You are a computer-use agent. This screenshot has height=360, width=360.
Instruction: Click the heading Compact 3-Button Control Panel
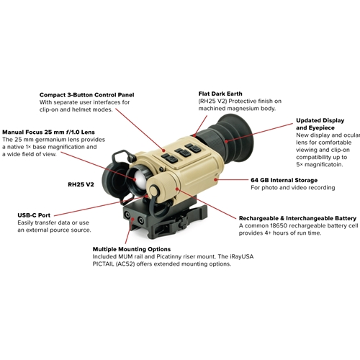pyautogui.click(x=87, y=95)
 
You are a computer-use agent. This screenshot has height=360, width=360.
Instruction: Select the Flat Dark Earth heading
pyautogui.click(x=220, y=94)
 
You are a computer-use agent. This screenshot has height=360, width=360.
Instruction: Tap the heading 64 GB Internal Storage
pyautogui.click(x=284, y=180)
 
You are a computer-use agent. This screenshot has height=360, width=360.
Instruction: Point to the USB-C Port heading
pyautogui.click(x=34, y=215)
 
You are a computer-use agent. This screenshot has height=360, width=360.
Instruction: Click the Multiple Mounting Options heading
pyautogui.click(x=132, y=249)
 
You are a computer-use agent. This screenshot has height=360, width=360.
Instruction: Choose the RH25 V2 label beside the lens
pyautogui.click(x=81, y=184)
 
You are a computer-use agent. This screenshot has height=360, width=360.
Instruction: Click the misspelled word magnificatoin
pyautogui.click(x=323, y=165)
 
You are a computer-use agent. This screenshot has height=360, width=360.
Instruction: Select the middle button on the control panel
pyautogui.click(x=183, y=153)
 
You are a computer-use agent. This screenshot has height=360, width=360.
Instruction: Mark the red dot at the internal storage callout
pyautogui.click(x=216, y=179)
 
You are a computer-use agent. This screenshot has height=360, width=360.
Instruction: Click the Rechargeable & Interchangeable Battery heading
pyautogui.click(x=297, y=218)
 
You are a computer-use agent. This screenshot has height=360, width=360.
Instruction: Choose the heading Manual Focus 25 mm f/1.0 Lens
pyautogui.click(x=48, y=132)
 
